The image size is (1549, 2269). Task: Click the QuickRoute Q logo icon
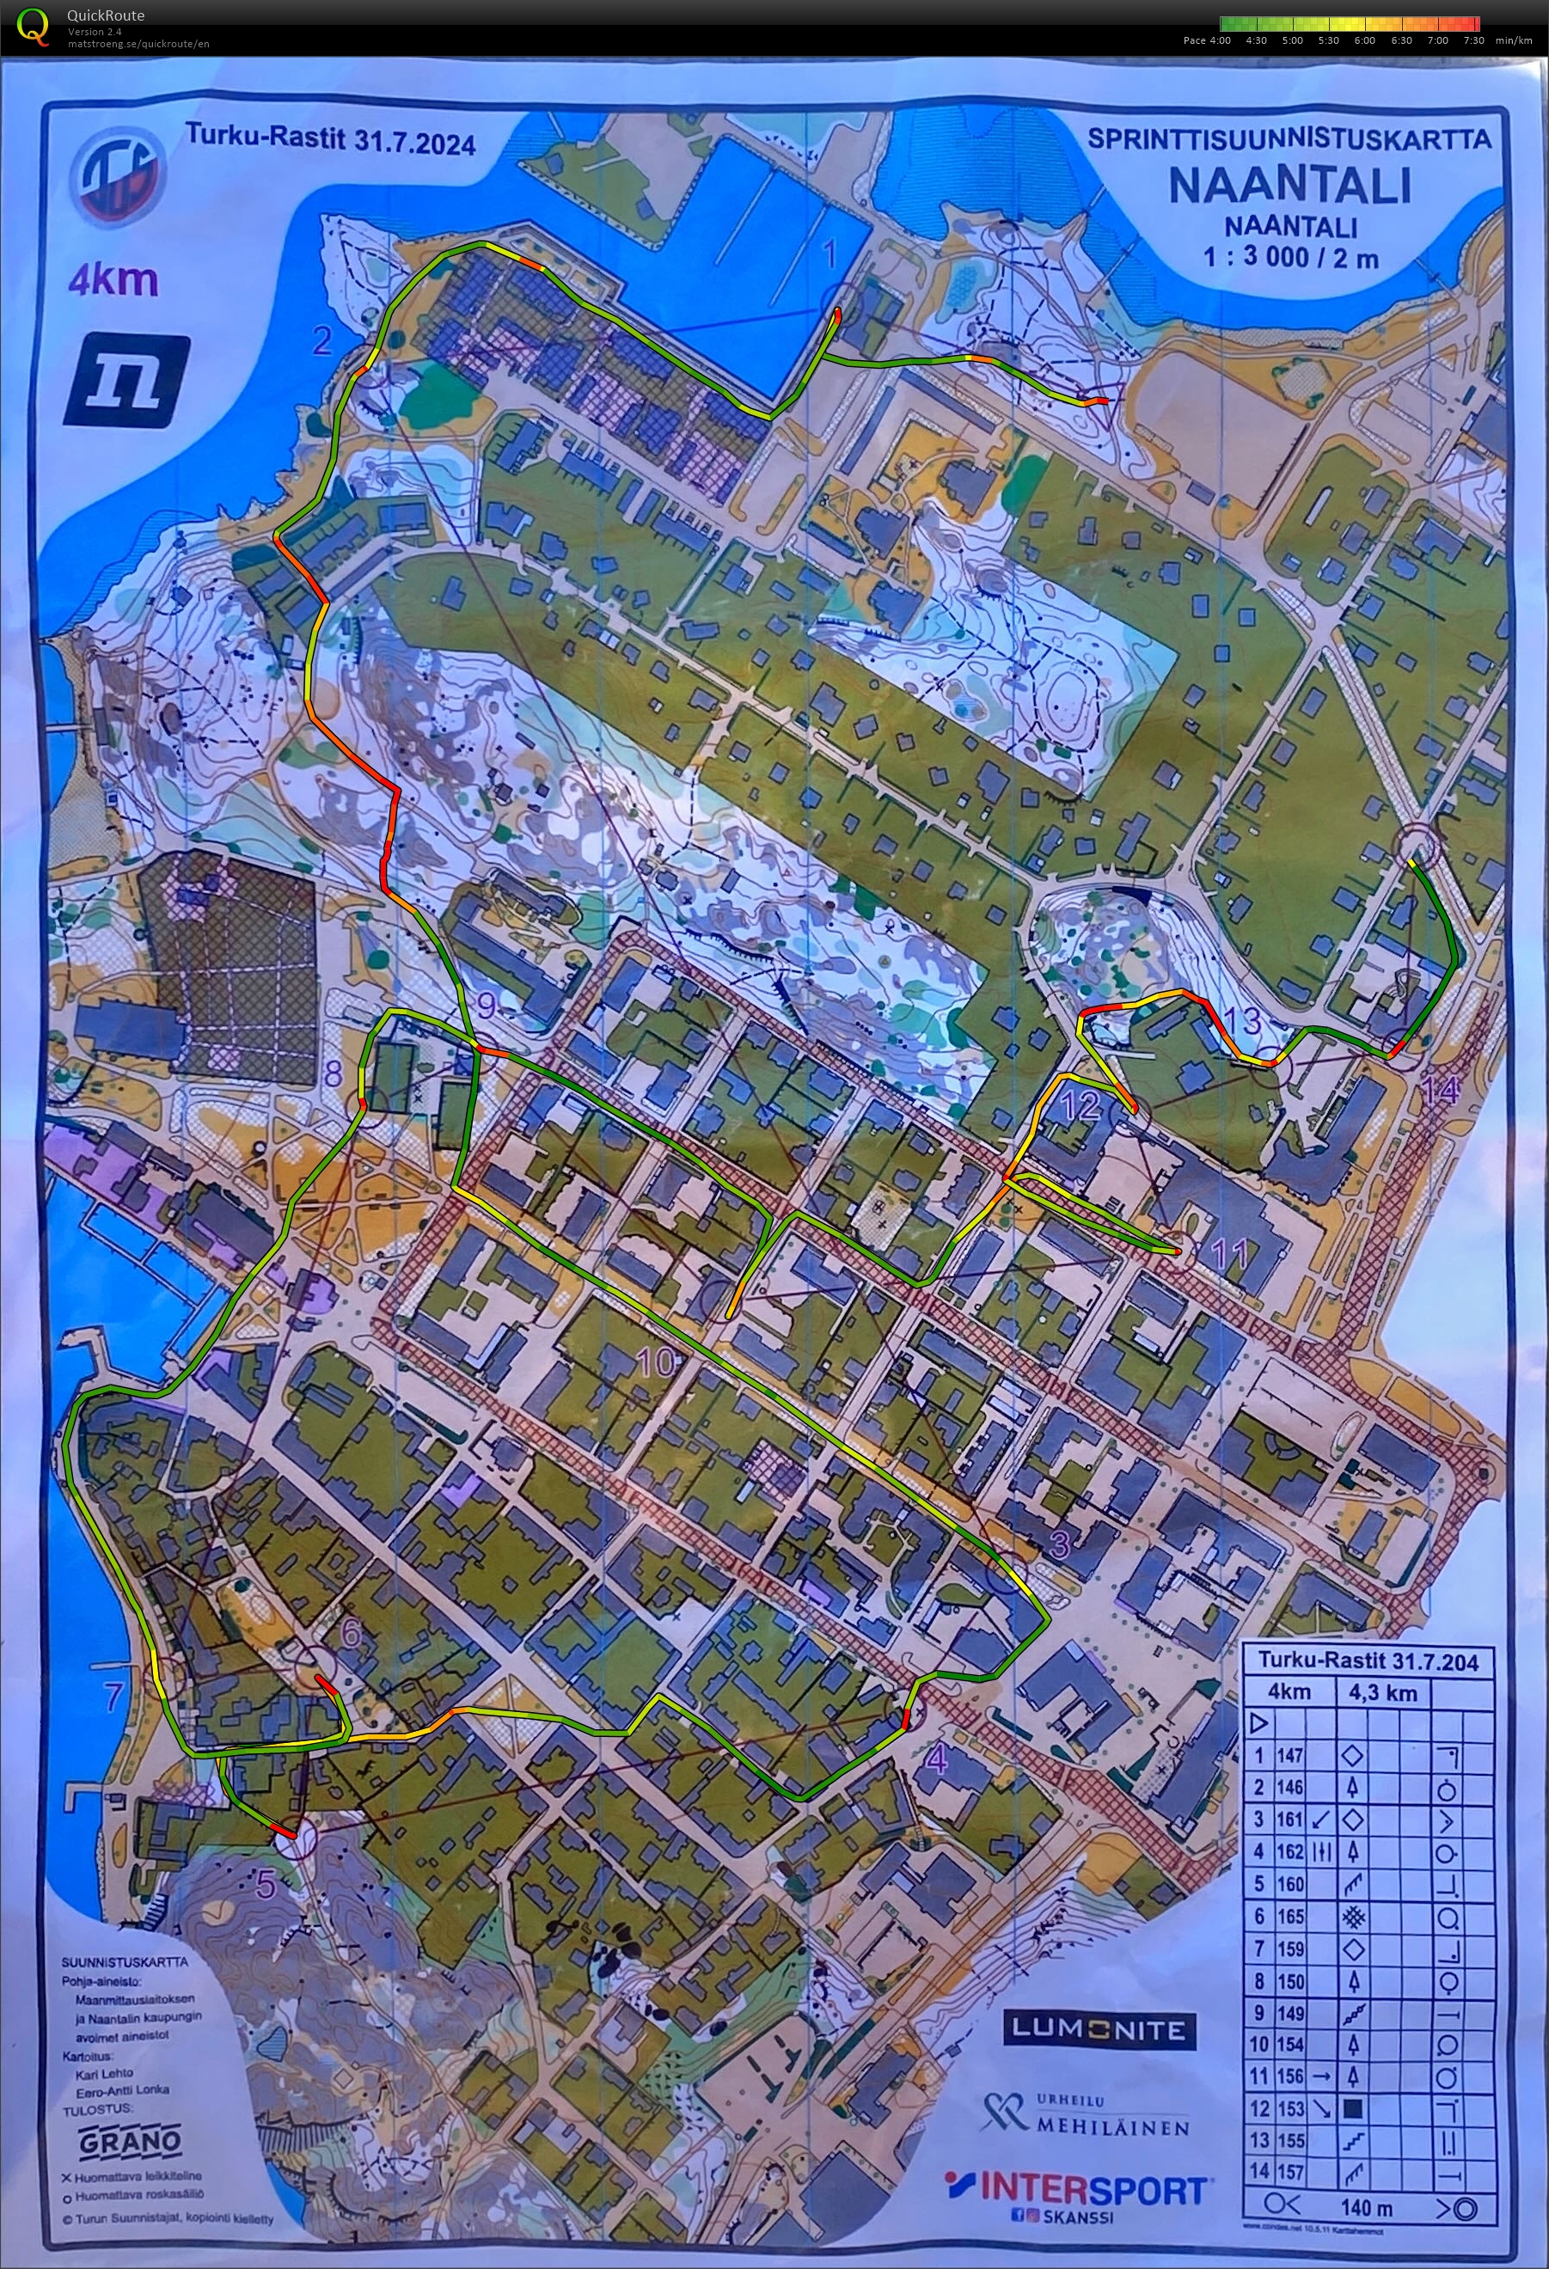tap(34, 27)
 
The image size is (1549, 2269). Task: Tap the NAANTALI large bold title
tap(1289, 186)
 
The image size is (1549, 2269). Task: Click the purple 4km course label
tap(113, 280)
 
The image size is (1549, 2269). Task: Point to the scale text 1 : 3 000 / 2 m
tap(1290, 258)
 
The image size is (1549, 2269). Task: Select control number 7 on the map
tap(114, 1696)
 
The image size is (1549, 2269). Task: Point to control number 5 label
tap(266, 1884)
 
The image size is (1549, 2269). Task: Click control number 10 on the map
tap(657, 1362)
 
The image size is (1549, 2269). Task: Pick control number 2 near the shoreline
tap(322, 340)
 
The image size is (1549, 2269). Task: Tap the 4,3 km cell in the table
tap(1382, 1693)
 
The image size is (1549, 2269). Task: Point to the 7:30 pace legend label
tap(1472, 41)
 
